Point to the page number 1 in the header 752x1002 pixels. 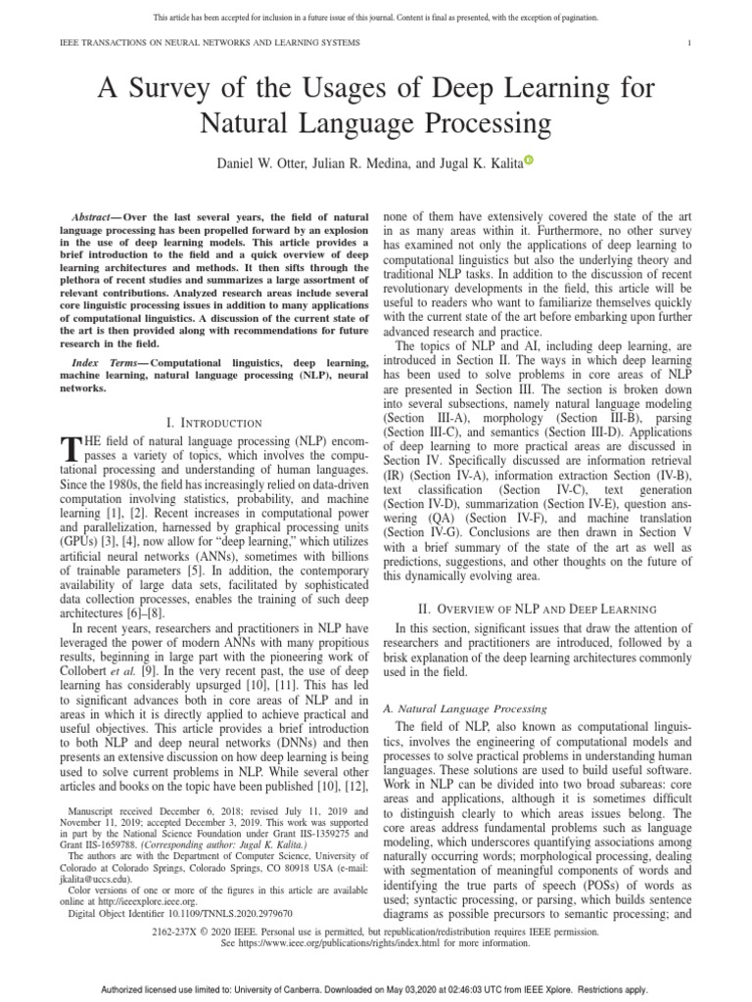pos(690,43)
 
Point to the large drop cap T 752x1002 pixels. pos(68,449)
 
